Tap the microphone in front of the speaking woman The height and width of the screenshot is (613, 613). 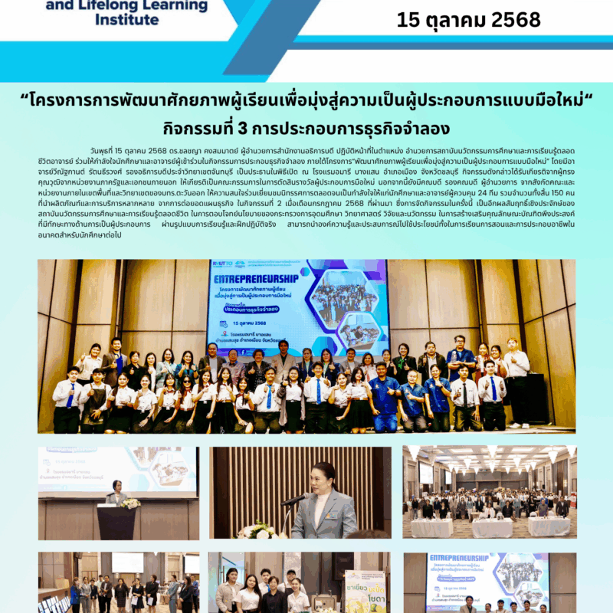click(x=295, y=499)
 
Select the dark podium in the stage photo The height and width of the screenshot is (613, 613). click(x=116, y=523)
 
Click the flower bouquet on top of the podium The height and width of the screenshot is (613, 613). click(x=130, y=503)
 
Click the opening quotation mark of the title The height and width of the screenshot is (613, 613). click(x=26, y=100)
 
